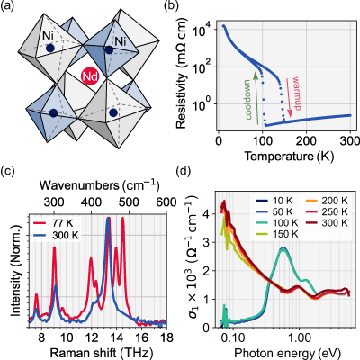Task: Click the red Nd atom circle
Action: [x=90, y=77]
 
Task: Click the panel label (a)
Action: [x=8, y=5]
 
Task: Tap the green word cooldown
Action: [x=248, y=100]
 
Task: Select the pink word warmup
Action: [x=296, y=94]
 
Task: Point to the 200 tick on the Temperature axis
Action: [x=306, y=140]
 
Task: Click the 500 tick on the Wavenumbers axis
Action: [x=130, y=202]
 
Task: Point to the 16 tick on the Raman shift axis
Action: [x=141, y=337]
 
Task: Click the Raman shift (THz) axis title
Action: [x=98, y=351]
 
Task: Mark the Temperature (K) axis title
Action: [x=289, y=156]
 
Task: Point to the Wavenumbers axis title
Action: [x=99, y=185]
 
